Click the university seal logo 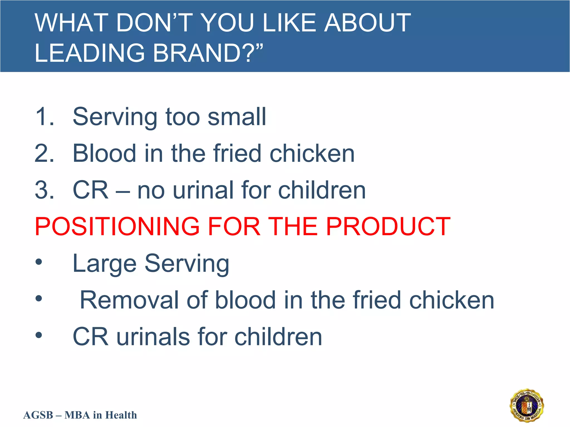(x=527, y=405)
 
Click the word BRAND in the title (x=196, y=53)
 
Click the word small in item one (x=237, y=117)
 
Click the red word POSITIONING (x=117, y=227)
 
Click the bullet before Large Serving (x=39, y=262)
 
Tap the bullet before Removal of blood (x=39, y=299)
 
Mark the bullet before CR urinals (x=39, y=335)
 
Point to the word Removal (x=129, y=300)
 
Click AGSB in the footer (x=38, y=415)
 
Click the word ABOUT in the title (x=367, y=23)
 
